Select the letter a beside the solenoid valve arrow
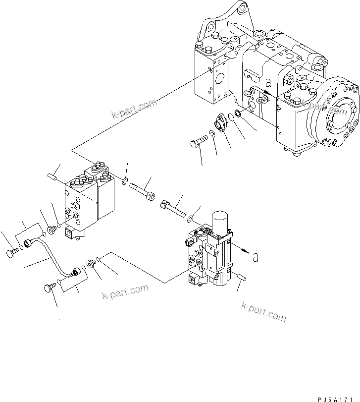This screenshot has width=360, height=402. pos(255,257)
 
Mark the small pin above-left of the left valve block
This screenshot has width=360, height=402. pos(53,175)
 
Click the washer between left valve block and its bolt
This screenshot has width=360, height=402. pos(124,183)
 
